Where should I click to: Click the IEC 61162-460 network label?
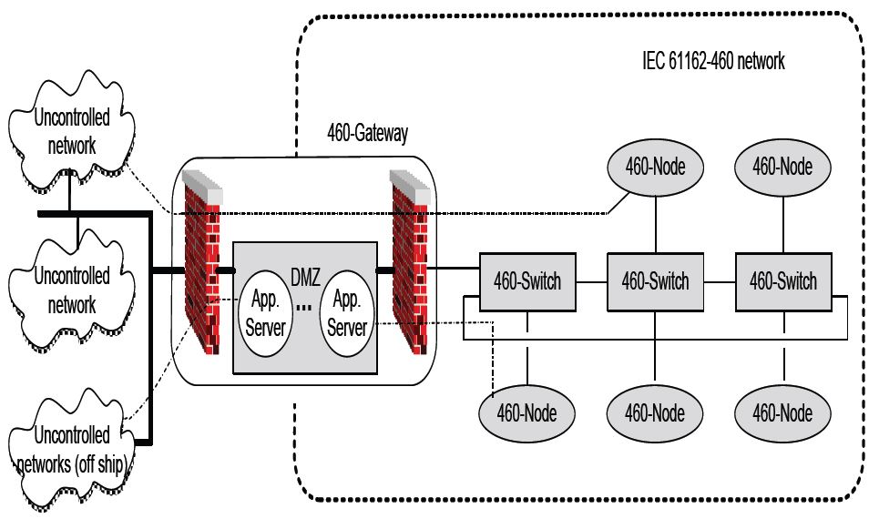tap(713, 62)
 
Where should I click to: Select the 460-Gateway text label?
tap(367, 134)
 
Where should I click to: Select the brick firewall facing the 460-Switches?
tap(409, 264)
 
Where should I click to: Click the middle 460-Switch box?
tap(655, 281)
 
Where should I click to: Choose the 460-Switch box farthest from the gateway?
tap(783, 281)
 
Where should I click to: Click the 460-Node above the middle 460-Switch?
tap(655, 168)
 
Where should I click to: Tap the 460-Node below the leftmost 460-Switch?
tap(527, 414)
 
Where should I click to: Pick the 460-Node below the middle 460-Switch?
tap(655, 414)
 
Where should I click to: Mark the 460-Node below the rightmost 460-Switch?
tap(783, 414)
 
